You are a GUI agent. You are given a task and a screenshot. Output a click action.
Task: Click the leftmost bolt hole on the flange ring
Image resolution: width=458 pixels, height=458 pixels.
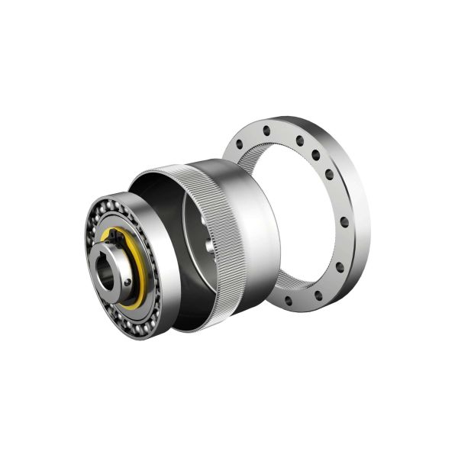(239, 144)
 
